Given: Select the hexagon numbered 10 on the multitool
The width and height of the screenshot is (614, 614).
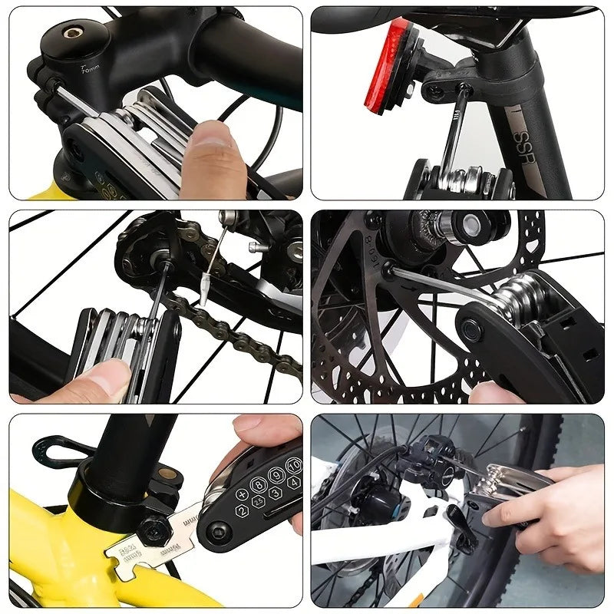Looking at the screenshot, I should [293, 466].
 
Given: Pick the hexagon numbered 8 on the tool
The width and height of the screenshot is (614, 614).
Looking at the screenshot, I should [257, 486].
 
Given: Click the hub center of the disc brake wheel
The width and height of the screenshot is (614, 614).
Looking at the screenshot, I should [465, 226].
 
